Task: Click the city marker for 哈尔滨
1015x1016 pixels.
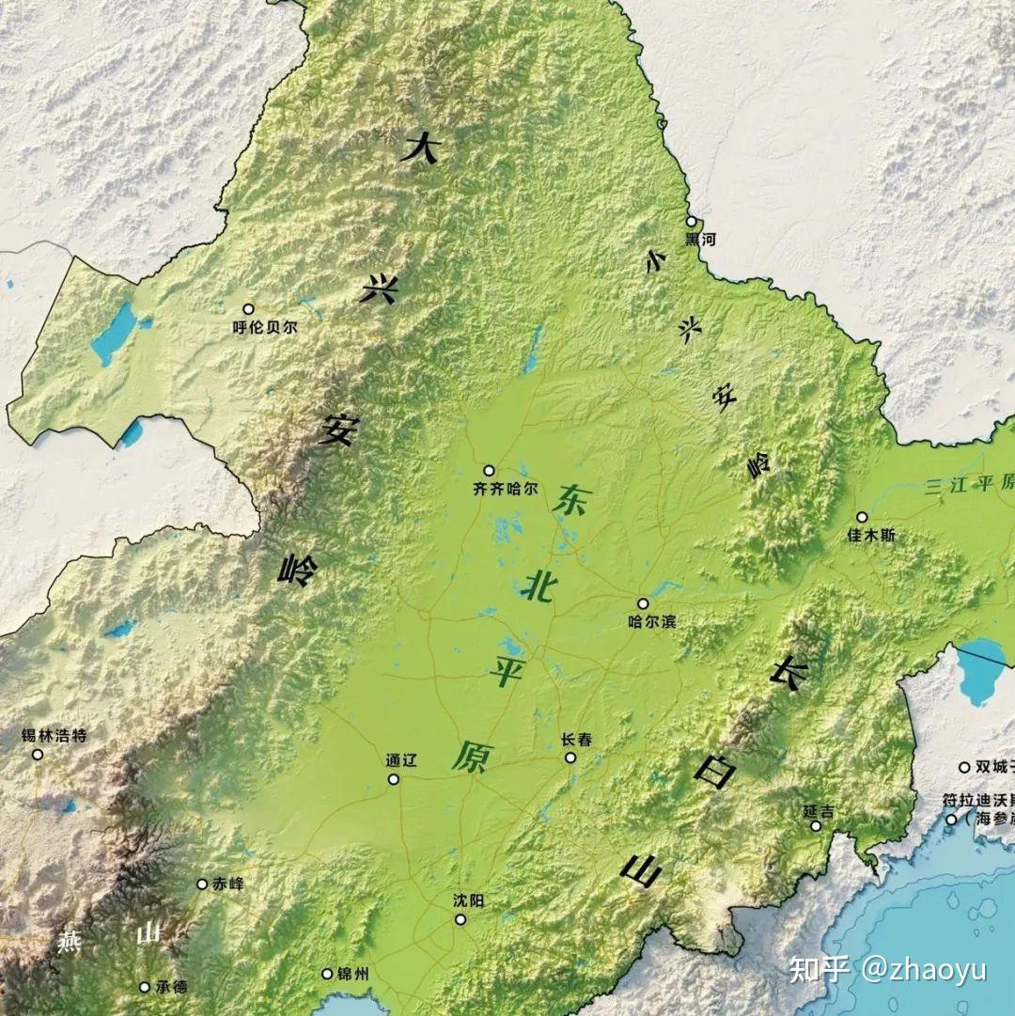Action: point(643,603)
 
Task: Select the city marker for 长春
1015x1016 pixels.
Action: point(570,757)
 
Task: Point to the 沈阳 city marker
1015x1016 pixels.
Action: point(461,918)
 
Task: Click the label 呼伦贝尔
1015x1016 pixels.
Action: point(264,328)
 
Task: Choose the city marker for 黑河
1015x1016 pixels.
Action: point(691,222)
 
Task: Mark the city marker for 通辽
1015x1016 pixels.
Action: point(393,779)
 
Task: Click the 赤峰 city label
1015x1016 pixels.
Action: point(226,883)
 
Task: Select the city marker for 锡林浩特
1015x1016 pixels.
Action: point(38,754)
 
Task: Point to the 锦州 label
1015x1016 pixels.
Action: point(352,975)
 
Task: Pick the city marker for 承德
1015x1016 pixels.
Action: point(144,987)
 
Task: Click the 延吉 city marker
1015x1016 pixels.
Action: point(816,826)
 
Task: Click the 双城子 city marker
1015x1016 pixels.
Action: point(964,767)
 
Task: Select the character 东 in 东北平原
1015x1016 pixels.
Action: point(570,499)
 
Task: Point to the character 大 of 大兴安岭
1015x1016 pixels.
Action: point(420,148)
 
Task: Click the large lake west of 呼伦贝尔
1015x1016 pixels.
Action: point(114,333)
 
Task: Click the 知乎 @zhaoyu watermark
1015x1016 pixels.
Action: point(887,969)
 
